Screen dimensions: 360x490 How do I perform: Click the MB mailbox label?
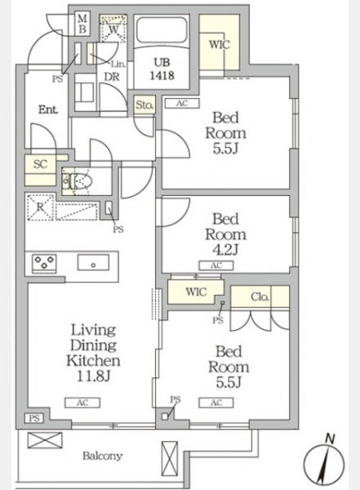click(82, 24)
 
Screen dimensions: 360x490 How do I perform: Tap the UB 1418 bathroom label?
click(162, 69)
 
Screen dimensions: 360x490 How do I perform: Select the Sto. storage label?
click(144, 105)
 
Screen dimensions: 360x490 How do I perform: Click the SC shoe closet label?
click(40, 164)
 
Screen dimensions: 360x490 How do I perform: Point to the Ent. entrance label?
click(48, 109)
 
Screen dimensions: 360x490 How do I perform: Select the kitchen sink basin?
click(93, 262)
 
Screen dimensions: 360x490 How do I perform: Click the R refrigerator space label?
click(40, 207)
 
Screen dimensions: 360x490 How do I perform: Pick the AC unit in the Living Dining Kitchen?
click(82, 403)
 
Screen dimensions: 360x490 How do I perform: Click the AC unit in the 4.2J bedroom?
click(216, 265)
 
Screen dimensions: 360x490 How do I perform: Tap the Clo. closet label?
click(260, 296)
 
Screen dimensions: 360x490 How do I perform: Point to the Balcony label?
click(102, 456)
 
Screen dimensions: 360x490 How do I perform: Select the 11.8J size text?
click(93, 376)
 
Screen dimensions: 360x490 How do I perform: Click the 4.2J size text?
click(225, 250)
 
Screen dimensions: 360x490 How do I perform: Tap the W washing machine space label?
click(114, 30)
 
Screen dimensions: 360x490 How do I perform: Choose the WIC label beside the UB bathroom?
click(220, 45)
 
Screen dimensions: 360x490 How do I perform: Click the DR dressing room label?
click(112, 77)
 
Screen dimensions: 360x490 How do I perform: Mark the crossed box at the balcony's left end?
click(45, 440)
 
